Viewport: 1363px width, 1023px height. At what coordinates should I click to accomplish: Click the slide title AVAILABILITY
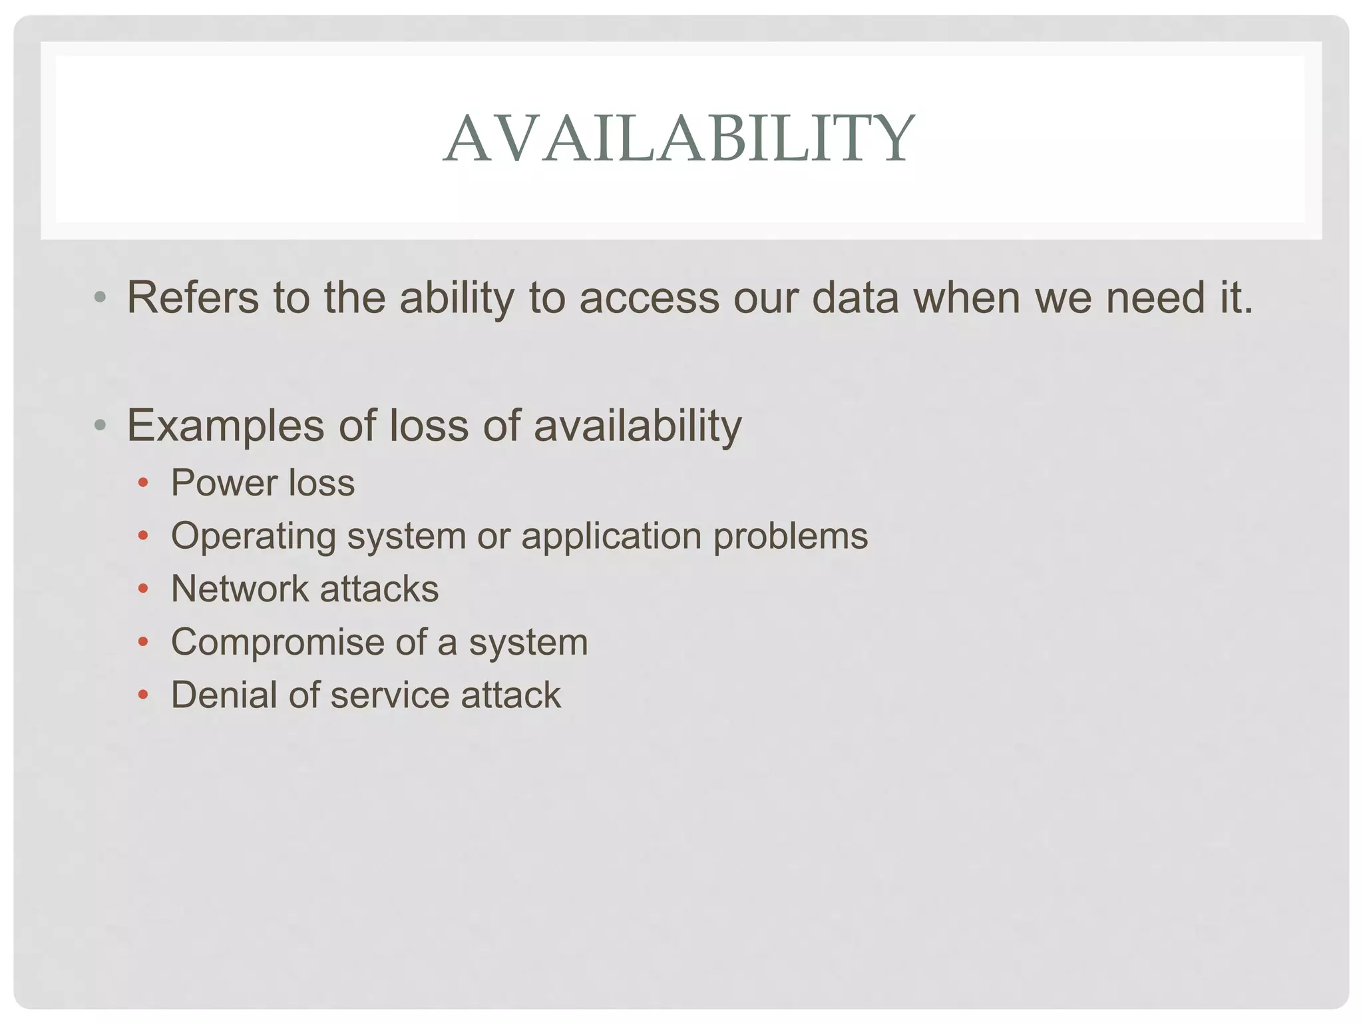point(680,139)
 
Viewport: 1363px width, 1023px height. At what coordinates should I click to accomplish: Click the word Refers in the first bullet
point(192,298)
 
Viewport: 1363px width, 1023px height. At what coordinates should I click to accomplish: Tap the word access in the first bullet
point(649,298)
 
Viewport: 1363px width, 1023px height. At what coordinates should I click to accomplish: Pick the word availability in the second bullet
point(637,426)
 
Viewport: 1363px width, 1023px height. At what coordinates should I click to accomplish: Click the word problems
point(791,537)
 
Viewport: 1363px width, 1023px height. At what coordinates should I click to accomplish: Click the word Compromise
point(278,643)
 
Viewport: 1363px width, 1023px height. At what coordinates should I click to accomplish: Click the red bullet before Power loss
point(142,483)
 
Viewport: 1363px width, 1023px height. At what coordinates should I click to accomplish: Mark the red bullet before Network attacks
point(142,589)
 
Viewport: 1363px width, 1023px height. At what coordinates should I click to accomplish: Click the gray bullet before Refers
point(100,298)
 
